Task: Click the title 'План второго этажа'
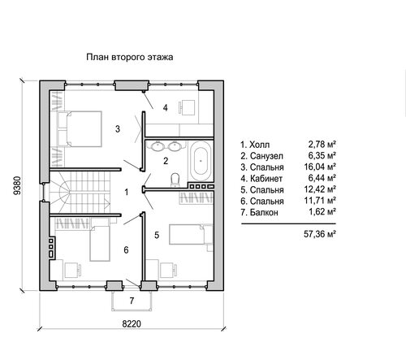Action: click(130, 57)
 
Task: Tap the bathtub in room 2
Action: click(201, 161)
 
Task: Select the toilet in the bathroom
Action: click(175, 180)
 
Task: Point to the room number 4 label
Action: click(165, 108)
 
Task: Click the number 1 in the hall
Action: click(127, 193)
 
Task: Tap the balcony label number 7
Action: click(132, 301)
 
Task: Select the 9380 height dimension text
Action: click(17, 185)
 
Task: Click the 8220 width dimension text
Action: click(132, 324)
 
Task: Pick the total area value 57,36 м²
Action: click(320, 234)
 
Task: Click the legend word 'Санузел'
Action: click(266, 156)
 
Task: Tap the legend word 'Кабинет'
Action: click(266, 179)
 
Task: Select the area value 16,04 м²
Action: click(320, 167)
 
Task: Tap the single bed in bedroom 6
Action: click(100, 243)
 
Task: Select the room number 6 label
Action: click(126, 250)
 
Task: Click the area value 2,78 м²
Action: click(322, 145)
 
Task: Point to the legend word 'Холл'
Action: click(259, 145)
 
